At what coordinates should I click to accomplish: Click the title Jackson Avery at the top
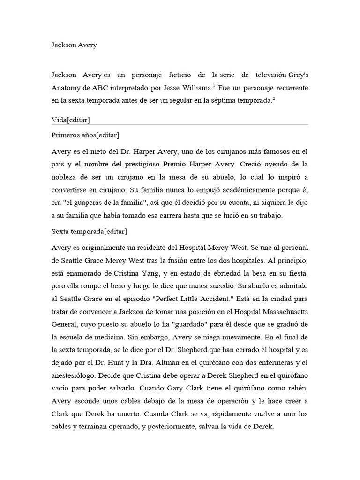(x=74, y=45)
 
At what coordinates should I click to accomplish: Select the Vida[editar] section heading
(x=70, y=120)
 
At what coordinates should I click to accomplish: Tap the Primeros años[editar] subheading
(x=85, y=135)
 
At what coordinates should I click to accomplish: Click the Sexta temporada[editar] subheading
(x=89, y=232)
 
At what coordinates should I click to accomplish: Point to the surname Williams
(x=196, y=88)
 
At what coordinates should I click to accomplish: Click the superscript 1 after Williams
(x=214, y=85)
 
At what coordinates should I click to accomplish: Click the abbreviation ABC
(x=102, y=88)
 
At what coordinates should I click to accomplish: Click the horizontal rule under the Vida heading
(x=180, y=125)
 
